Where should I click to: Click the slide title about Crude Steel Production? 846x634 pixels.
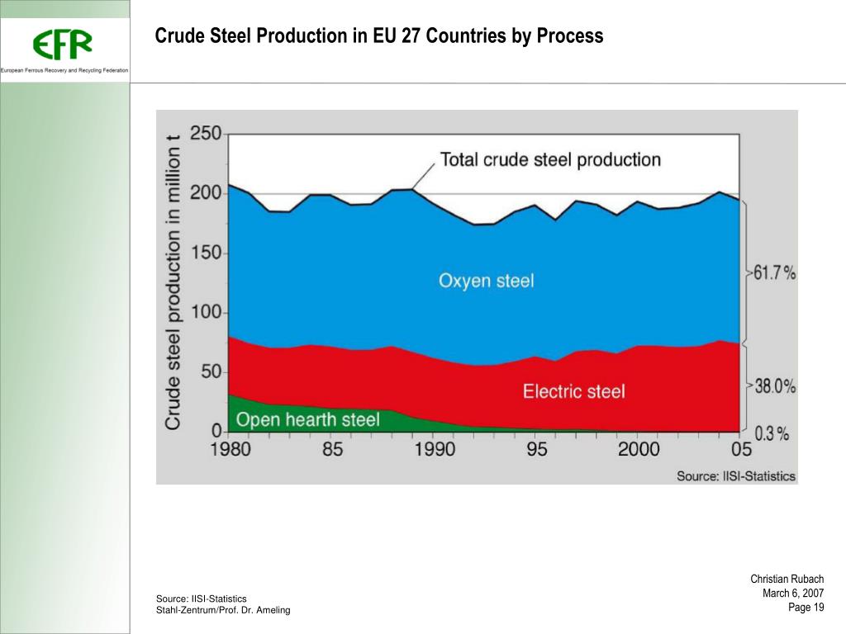tap(379, 36)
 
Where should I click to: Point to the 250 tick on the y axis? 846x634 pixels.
tap(207, 134)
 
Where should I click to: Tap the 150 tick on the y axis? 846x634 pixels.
tap(207, 253)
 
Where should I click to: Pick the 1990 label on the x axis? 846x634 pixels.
tap(435, 449)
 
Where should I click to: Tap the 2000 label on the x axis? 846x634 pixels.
tap(639, 449)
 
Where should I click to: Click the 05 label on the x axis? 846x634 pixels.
tap(741, 449)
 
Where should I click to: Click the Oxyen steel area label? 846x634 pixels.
tap(486, 281)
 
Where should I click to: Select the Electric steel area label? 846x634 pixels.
tap(573, 390)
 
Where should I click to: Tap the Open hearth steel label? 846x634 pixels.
tap(308, 419)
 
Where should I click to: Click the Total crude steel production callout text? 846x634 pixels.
tap(550, 159)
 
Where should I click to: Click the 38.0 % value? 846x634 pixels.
tap(774, 386)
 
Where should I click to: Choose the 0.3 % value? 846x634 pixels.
tap(772, 433)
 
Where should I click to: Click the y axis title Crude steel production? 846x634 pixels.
tap(173, 281)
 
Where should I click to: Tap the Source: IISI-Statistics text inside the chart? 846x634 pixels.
tap(736, 475)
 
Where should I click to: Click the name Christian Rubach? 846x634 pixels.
tap(787, 580)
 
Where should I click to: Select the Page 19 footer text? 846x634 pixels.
tap(806, 608)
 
